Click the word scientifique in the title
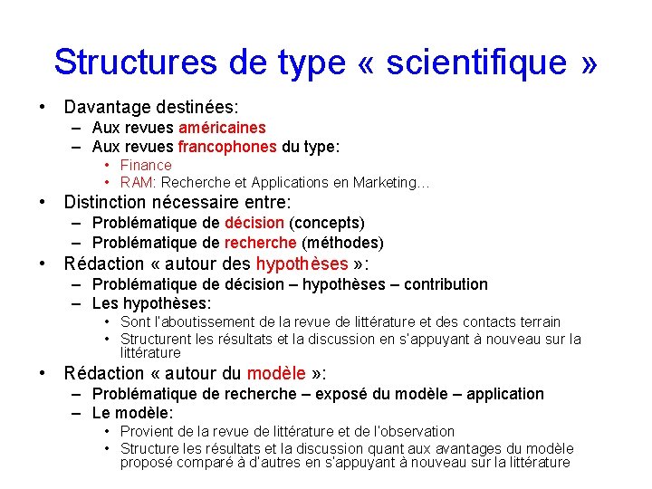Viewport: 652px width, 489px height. tap(478, 62)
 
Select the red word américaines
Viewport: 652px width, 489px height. tap(222, 129)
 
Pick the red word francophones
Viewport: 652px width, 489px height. tap(227, 147)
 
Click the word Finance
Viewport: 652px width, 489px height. tap(146, 165)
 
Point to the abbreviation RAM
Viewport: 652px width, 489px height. tap(136, 183)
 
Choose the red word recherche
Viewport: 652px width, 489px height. tap(260, 243)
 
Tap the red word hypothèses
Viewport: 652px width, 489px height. tap(302, 264)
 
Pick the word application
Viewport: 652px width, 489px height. tap(502, 394)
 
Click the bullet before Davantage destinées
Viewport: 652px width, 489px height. tap(43, 107)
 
